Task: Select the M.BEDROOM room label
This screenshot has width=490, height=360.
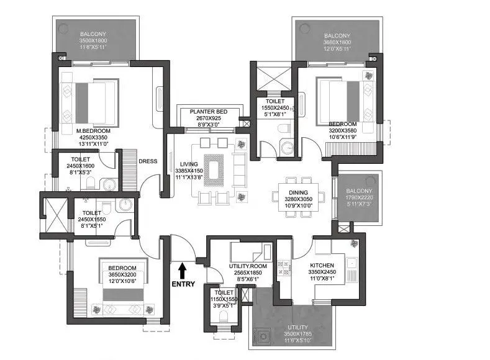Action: click(93, 131)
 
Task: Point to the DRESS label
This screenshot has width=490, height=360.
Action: click(148, 161)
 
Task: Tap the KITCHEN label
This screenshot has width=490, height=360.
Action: click(323, 264)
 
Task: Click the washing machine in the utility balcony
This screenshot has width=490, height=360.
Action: click(263, 336)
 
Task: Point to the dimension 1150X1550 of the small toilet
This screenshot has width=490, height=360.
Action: click(224, 299)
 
